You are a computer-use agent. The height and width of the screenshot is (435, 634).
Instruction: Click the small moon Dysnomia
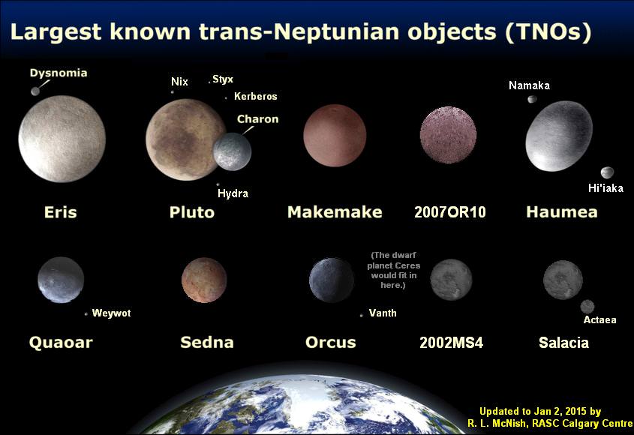tap(35, 91)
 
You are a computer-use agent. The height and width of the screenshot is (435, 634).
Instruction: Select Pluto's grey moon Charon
tap(232, 151)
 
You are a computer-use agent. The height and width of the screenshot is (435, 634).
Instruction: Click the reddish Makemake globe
tap(335, 136)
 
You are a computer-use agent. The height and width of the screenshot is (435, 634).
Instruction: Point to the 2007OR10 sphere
tap(448, 135)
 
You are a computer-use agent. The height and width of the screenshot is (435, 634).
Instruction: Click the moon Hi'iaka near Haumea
tap(607, 172)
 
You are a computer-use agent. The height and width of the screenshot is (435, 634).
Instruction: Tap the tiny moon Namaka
tap(532, 99)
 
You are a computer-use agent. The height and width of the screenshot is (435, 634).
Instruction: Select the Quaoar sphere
tap(61, 280)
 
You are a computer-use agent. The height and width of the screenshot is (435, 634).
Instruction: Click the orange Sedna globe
tap(204, 280)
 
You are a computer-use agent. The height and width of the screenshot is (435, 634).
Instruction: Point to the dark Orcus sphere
tap(332, 280)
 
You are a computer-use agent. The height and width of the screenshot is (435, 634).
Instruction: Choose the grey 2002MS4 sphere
tap(451, 279)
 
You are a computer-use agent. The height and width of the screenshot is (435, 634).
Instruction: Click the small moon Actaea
tap(587, 306)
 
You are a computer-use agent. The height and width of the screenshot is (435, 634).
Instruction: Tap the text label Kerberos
tap(255, 97)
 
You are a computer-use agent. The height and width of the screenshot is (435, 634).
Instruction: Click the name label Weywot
tap(111, 313)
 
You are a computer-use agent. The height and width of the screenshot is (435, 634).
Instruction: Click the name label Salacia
tap(563, 343)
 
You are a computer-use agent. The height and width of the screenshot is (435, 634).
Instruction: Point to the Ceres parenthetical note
tap(395, 270)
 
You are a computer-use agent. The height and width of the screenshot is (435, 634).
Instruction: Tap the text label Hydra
tap(233, 193)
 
